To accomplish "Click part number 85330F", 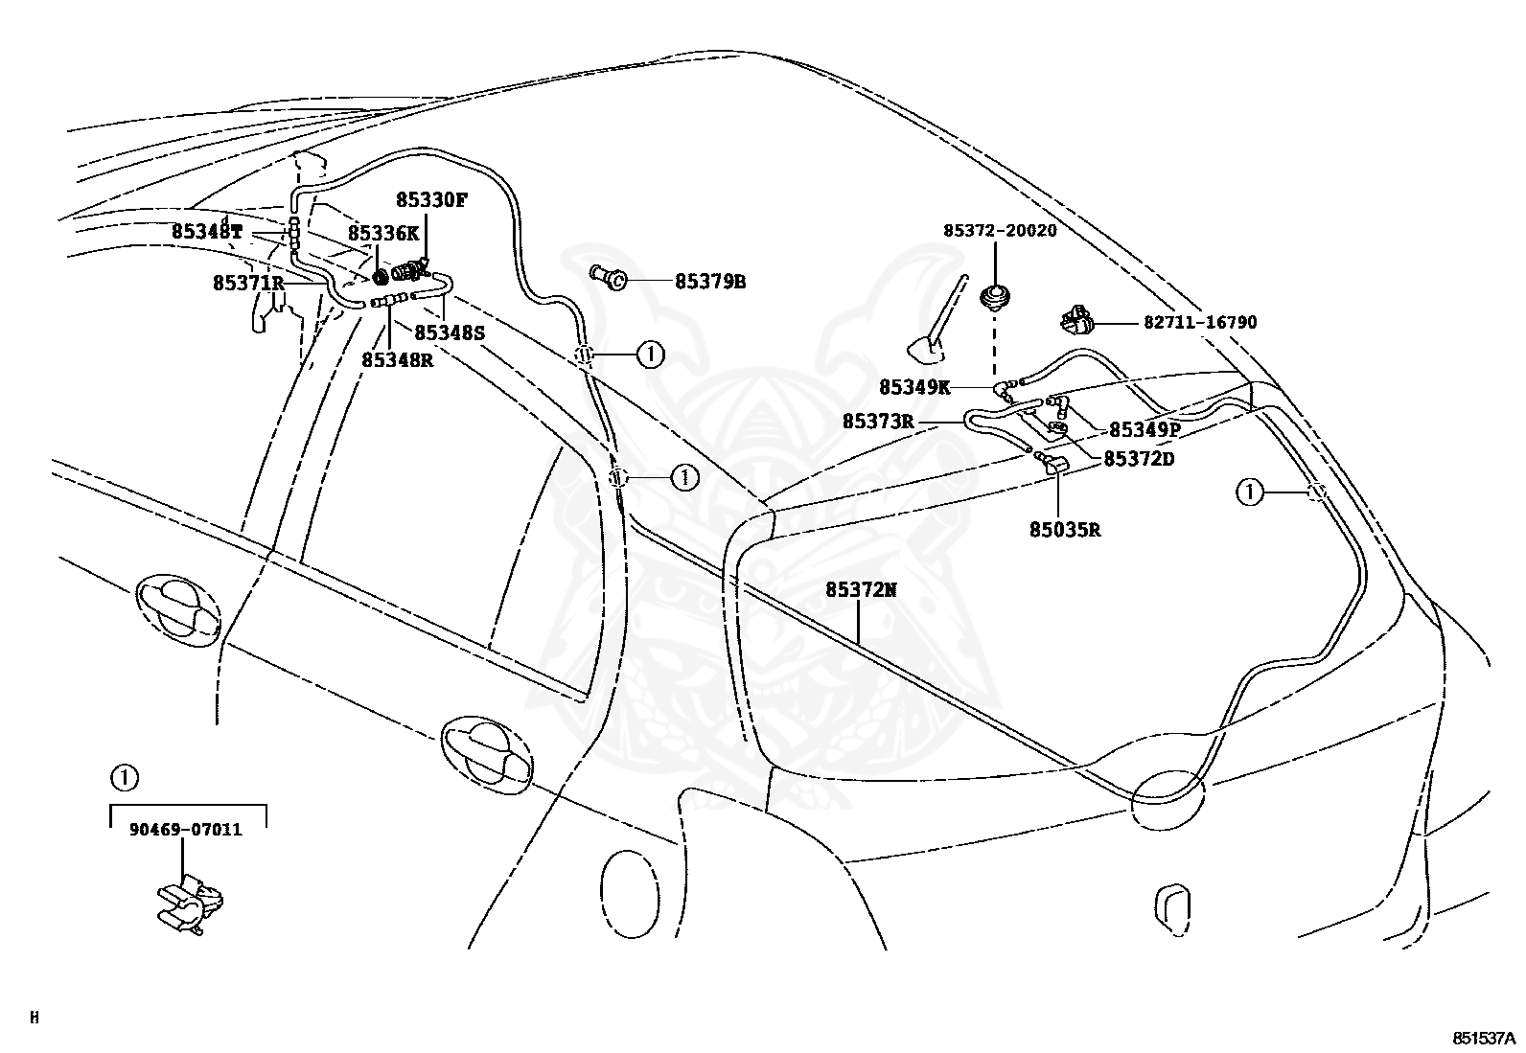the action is [431, 200].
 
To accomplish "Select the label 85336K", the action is [383, 234].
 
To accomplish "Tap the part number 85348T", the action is [206, 232].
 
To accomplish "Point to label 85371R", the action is [248, 283].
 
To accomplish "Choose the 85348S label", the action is [450, 332].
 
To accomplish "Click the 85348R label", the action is [397, 359].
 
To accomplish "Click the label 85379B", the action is [710, 282].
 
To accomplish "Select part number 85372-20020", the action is [1000, 230].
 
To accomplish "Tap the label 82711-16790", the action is [1200, 322].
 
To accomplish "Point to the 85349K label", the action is [914, 387].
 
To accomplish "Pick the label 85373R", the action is [878, 422].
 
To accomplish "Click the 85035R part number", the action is [1065, 530].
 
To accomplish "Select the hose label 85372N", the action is [861, 590].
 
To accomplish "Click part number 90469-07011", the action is [185, 830].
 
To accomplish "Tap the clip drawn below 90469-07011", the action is [190, 904].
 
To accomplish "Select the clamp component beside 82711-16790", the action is [1076, 319].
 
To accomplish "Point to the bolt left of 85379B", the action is [608, 277].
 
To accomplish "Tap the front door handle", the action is [178, 610].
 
